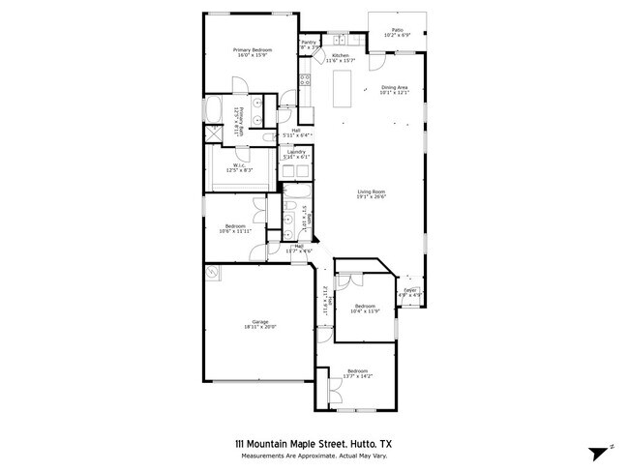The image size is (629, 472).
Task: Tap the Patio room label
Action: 397,32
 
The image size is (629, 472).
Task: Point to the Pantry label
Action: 309,44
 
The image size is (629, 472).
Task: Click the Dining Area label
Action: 395,91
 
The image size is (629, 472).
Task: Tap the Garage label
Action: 259,324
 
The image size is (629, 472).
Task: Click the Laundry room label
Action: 296,154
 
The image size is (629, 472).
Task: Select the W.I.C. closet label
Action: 240,167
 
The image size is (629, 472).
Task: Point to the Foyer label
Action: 410,292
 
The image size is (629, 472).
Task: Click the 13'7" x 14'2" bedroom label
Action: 358,373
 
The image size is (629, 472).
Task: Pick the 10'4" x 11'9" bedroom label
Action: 363,308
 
